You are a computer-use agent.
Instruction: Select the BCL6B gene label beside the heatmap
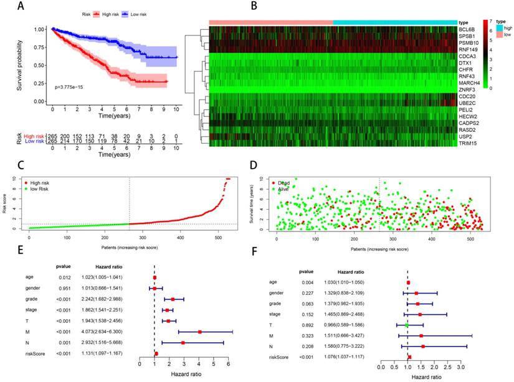coord(467,29)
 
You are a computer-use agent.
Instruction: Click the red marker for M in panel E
coord(200,332)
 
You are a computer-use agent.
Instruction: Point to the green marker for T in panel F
coord(407,325)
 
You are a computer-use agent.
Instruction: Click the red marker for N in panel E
coord(183,343)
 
